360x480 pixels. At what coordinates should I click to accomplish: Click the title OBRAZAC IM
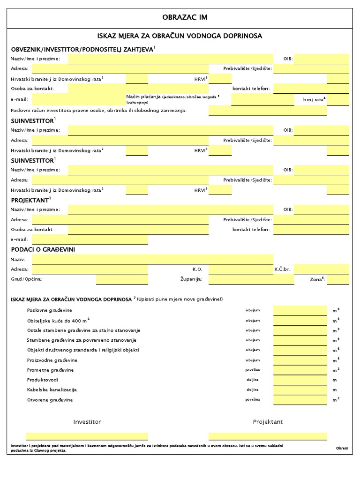tap(184, 17)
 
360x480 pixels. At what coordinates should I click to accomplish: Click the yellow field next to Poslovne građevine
tap(300, 310)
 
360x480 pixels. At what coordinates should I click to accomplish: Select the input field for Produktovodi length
tap(300, 380)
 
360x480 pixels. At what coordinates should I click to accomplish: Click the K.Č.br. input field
tap(321, 270)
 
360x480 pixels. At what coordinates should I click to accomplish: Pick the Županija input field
tap(251, 279)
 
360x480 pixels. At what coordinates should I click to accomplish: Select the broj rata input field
tap(337, 100)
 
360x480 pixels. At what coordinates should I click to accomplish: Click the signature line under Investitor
tap(87, 436)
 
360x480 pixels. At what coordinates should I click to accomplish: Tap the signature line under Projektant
tap(267, 436)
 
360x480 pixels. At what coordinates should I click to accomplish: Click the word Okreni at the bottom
tap(342, 449)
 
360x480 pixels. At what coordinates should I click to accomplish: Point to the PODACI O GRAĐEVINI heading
tap(43, 249)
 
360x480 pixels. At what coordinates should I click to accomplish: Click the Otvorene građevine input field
tap(300, 400)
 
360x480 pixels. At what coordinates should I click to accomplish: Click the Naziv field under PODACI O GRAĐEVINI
tap(152, 259)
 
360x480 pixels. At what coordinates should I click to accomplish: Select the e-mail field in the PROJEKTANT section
tap(90, 240)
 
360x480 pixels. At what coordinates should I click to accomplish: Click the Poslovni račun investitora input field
tap(278, 111)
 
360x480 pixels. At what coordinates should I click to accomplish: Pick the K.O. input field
tap(241, 270)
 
